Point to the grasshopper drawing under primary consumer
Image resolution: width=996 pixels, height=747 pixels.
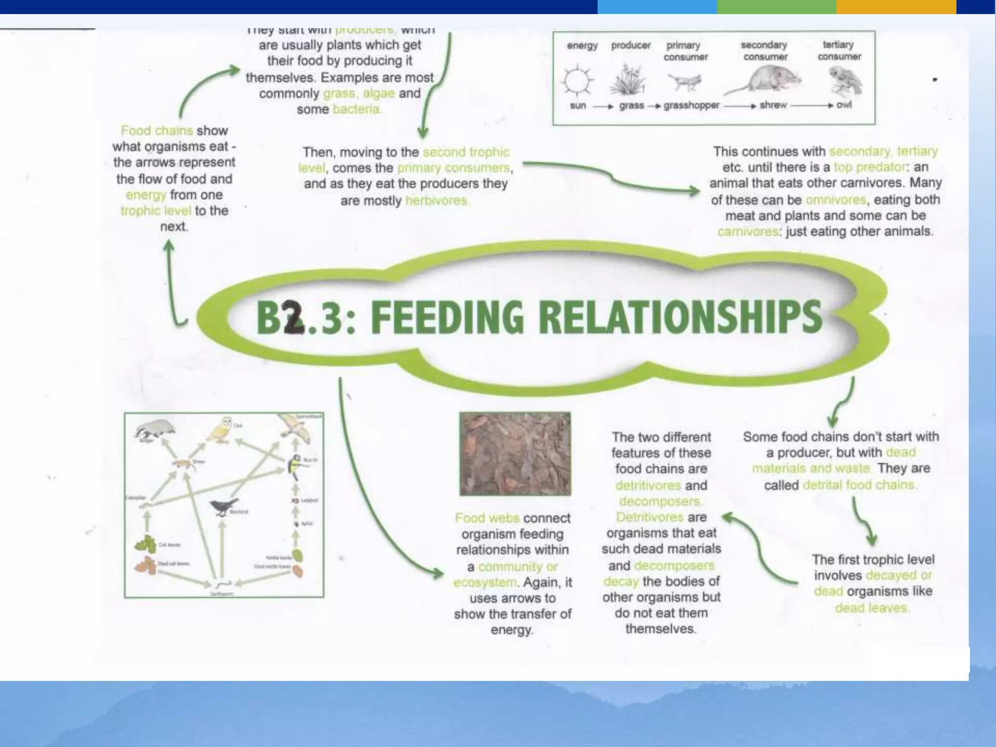[x=685, y=82]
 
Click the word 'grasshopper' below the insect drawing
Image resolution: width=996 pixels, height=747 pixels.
[x=691, y=106]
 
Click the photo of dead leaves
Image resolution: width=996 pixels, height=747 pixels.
[x=515, y=454]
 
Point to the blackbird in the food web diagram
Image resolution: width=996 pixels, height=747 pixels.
[x=224, y=506]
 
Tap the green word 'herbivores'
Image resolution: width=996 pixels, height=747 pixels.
[x=436, y=200]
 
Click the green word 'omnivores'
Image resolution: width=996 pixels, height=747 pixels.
[x=836, y=200]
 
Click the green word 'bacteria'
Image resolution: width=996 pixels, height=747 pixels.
[x=356, y=109]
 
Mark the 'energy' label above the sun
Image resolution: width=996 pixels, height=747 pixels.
[x=582, y=46]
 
